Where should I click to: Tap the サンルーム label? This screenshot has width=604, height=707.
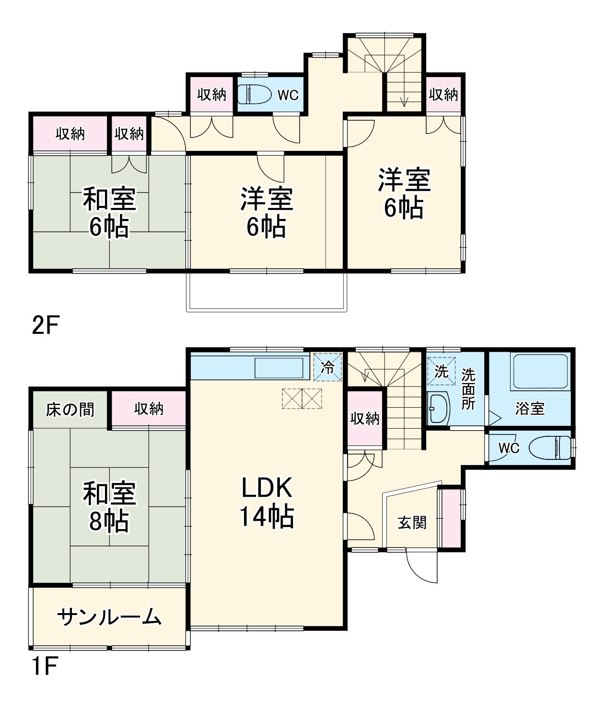[109, 617]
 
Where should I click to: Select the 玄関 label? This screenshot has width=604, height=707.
[412, 523]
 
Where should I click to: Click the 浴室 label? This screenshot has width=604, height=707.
[530, 409]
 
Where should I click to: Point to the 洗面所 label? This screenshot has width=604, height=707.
[468, 389]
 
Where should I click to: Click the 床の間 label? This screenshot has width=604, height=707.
[70, 410]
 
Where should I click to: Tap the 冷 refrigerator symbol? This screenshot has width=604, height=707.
[328, 367]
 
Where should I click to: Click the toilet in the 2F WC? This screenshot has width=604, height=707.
[255, 94]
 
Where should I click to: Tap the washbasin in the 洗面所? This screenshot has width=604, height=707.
[439, 409]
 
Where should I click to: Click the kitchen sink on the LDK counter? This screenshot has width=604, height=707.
[279, 368]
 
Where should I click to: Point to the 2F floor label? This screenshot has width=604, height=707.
[45, 326]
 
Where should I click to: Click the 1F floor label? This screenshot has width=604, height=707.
[45, 666]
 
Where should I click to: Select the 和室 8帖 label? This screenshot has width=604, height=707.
[109, 507]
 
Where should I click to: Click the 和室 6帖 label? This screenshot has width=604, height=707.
[109, 212]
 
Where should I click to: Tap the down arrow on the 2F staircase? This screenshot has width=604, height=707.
[404, 102]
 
